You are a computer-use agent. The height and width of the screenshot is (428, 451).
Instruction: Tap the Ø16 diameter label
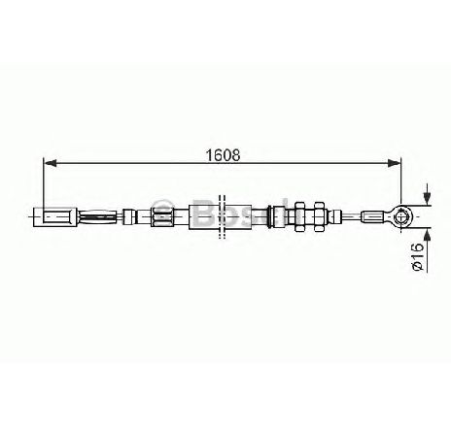(418, 257)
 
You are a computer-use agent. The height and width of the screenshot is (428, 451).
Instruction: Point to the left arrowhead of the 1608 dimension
(50, 163)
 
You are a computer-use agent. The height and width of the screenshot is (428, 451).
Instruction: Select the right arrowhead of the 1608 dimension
(394, 163)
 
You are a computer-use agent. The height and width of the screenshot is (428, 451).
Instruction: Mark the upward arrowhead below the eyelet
(428, 234)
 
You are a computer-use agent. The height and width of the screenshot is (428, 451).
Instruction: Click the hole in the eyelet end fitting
(401, 216)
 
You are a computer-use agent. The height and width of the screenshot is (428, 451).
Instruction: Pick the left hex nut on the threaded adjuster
(298, 216)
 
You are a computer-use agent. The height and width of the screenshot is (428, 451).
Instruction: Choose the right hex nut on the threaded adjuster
(320, 216)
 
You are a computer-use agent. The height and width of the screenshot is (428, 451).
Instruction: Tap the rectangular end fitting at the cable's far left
(55, 216)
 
